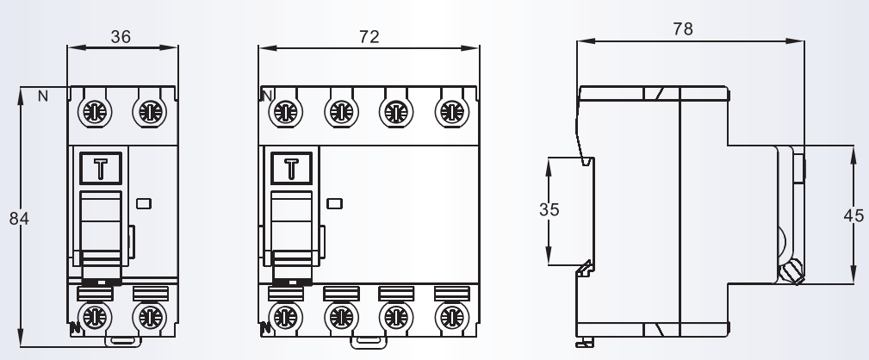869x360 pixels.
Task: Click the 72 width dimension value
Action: point(369,36)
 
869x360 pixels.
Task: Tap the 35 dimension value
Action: point(549,210)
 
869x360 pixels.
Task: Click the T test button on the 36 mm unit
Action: point(101,168)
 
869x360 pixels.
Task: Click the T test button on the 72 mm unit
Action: point(291,168)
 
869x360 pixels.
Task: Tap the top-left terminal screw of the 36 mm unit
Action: point(93,111)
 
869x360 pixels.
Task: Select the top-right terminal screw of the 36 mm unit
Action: point(149,111)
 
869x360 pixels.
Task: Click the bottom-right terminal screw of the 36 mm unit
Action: point(149,317)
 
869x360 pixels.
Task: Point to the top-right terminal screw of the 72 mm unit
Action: point(450,111)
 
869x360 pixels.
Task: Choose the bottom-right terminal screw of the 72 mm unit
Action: point(450,317)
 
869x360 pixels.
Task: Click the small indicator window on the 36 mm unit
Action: point(144,204)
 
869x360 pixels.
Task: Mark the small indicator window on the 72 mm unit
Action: point(335,204)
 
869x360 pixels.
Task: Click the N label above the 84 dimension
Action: point(42,96)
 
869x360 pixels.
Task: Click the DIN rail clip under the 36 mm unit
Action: point(121,341)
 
